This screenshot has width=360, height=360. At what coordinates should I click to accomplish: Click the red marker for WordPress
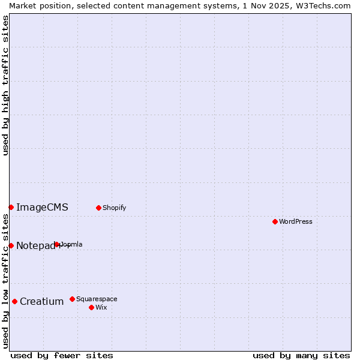275,221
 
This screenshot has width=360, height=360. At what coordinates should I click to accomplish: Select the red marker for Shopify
98,208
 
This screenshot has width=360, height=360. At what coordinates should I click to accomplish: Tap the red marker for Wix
91,307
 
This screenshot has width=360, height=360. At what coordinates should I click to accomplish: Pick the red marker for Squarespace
72,299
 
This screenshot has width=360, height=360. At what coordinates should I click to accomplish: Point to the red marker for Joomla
57,244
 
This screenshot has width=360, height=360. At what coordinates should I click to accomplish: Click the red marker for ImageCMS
11,207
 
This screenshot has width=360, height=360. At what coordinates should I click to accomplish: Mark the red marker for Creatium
14,301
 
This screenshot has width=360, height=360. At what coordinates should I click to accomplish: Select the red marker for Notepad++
11,245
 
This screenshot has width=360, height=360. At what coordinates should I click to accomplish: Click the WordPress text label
296,221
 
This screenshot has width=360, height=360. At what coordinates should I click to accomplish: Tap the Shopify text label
114,208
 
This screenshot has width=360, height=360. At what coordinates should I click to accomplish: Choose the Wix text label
101,307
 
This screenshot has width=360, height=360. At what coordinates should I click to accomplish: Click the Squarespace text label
97,299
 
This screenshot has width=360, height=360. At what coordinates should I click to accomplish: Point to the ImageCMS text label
42,208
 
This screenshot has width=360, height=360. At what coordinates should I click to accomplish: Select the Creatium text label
41,301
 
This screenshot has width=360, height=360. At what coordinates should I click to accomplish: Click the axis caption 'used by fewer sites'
62,355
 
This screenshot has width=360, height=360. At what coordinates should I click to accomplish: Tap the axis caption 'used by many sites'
301,355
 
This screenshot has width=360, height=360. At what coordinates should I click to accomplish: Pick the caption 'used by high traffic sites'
5,85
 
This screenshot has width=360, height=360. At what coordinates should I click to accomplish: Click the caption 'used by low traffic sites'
5,281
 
